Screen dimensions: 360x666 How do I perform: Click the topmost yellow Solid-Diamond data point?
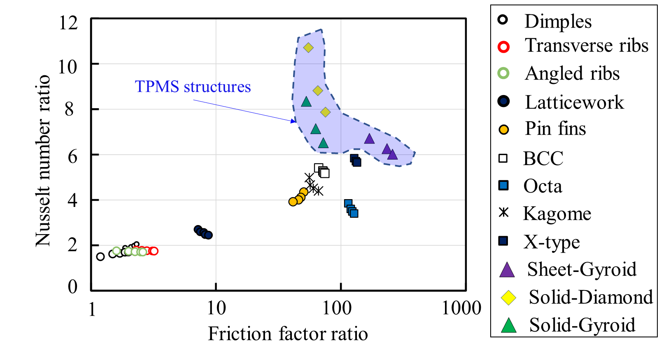[x=308, y=48]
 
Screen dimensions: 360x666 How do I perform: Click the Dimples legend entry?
[x=557, y=21]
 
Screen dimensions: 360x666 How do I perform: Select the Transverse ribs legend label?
[x=586, y=46]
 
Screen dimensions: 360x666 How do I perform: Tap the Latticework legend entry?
[x=574, y=102]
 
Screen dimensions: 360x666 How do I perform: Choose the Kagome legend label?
[x=557, y=214]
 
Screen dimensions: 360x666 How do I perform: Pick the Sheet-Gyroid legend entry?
[x=581, y=269]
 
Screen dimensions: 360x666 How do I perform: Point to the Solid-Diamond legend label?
[x=590, y=297]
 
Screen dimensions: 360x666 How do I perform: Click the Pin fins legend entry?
[x=555, y=129]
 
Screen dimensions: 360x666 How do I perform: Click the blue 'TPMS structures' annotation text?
[x=193, y=87]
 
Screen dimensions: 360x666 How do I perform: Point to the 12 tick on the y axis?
[x=68, y=23]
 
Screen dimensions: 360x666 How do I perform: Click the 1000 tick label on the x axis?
[x=461, y=308]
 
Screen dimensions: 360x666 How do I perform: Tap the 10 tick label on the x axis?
[x=216, y=308]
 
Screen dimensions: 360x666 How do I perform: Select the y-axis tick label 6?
[x=72, y=156]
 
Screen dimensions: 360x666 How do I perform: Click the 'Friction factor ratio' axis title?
[x=288, y=334]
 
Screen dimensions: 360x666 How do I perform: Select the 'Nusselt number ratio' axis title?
[x=43, y=160]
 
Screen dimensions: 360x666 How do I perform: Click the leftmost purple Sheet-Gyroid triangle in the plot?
[x=369, y=139]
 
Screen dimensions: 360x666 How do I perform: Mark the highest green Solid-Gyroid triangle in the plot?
[x=306, y=102]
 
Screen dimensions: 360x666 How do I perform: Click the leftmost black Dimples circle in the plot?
[x=100, y=257]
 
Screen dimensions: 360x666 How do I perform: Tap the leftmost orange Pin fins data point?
[x=293, y=202]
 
